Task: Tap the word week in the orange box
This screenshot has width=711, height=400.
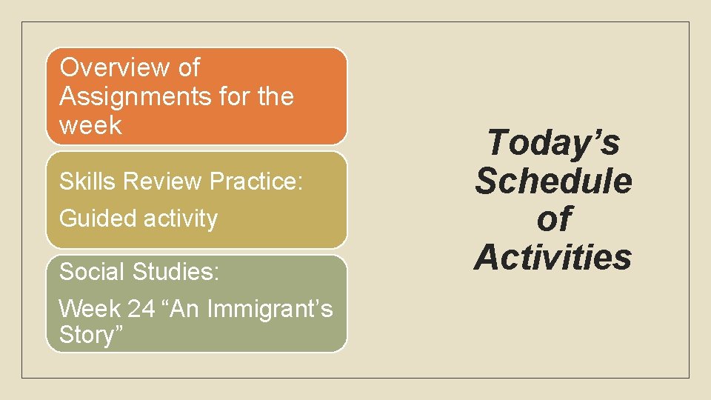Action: coord(90,125)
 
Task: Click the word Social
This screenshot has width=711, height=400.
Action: coord(92,272)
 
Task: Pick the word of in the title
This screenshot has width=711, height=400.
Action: coord(553,219)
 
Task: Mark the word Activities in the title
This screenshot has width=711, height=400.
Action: coord(553,257)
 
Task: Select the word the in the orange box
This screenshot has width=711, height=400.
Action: coord(272,96)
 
